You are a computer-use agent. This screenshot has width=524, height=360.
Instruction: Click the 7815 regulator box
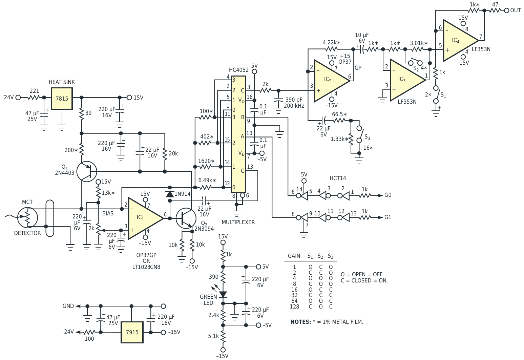tap(62, 99)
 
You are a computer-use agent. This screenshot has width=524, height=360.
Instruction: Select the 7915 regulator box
tap(132, 332)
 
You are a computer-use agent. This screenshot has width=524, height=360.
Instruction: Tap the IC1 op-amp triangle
tap(145, 218)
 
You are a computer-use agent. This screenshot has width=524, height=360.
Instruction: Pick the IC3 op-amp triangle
tap(407, 80)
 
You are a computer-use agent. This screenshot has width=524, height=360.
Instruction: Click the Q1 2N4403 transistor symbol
tap(87, 171)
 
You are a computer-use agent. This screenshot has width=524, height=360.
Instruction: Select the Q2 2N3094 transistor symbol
tap(186, 218)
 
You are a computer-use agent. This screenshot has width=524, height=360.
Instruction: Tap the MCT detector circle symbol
tap(27, 217)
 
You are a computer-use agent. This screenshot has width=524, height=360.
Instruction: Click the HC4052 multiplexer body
tap(238, 134)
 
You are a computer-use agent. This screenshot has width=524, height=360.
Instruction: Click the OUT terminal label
tap(515, 10)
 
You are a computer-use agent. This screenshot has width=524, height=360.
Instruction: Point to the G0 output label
tap(387, 195)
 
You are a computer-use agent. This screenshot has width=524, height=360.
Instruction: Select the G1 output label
tap(387, 217)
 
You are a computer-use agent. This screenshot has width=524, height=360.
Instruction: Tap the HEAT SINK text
tap(62, 82)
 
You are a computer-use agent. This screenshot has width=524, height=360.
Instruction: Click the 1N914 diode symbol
tap(170, 194)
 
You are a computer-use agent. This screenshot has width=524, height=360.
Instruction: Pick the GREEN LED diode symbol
tap(223, 294)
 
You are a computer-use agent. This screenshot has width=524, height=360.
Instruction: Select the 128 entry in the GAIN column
tap(294, 307)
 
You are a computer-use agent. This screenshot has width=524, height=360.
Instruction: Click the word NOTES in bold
tap(301, 322)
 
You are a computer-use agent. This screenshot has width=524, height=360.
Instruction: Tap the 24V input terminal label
tap(9, 97)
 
